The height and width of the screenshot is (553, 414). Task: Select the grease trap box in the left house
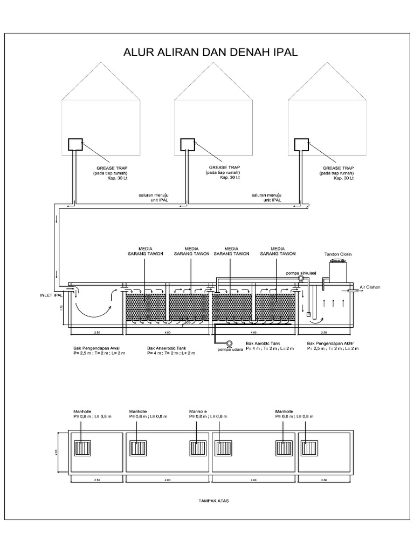[75, 144]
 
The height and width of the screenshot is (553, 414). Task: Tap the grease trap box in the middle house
[187, 144]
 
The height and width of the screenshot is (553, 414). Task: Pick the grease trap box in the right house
[301, 144]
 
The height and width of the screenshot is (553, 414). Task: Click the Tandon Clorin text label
[337, 253]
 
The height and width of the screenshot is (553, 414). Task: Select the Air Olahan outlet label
[370, 287]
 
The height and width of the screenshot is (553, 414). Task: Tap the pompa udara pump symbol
[229, 343]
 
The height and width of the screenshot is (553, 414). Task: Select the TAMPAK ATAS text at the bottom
[214, 501]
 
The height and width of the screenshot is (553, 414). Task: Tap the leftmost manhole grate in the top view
[82, 448]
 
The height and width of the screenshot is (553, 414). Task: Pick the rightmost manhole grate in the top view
[309, 448]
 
